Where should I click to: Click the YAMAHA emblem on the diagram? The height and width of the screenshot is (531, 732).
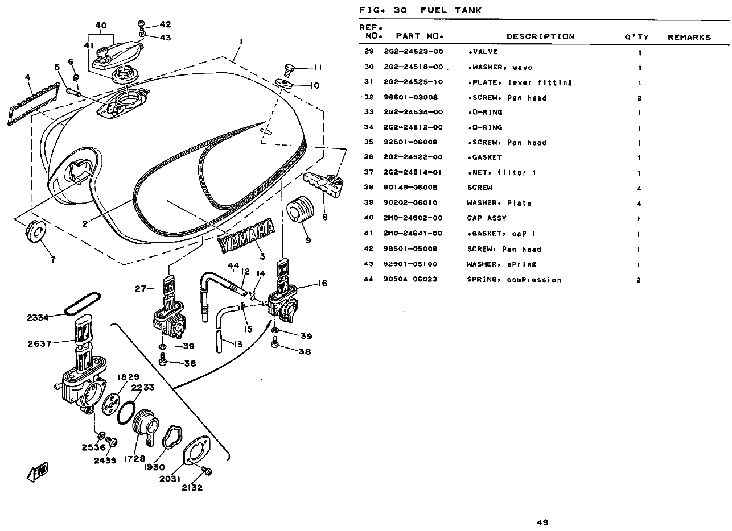coord(246,235)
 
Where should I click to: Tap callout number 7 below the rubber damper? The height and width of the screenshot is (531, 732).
coord(53,260)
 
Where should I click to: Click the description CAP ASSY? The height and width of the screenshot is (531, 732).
coord(487,218)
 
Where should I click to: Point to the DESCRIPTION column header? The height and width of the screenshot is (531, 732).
coord(540,37)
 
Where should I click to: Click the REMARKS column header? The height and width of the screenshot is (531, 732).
coord(689,38)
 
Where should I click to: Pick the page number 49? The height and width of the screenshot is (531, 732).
coord(542,522)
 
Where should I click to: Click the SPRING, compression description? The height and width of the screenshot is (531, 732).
coord(514,280)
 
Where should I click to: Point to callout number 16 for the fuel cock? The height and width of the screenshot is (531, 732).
coord(322,283)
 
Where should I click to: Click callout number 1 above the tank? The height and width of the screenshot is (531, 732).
coord(241,41)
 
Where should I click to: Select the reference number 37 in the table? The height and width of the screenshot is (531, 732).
coord(369,173)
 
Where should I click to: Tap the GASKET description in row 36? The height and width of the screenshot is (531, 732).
coord(484,157)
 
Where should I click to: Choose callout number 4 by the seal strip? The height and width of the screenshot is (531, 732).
coord(27,77)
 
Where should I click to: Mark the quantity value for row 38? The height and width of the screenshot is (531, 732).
coord(639,188)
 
